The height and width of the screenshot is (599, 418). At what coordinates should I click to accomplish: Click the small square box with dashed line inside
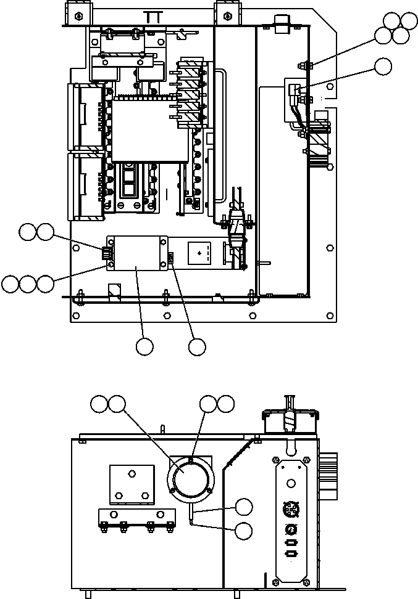[203, 253]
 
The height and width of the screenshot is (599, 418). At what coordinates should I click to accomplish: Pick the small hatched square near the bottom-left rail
[114, 290]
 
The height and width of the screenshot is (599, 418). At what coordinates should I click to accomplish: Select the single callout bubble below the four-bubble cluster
[383, 66]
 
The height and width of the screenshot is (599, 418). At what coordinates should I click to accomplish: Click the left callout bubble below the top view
[144, 347]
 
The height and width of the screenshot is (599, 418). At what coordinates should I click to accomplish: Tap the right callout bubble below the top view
[197, 347]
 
